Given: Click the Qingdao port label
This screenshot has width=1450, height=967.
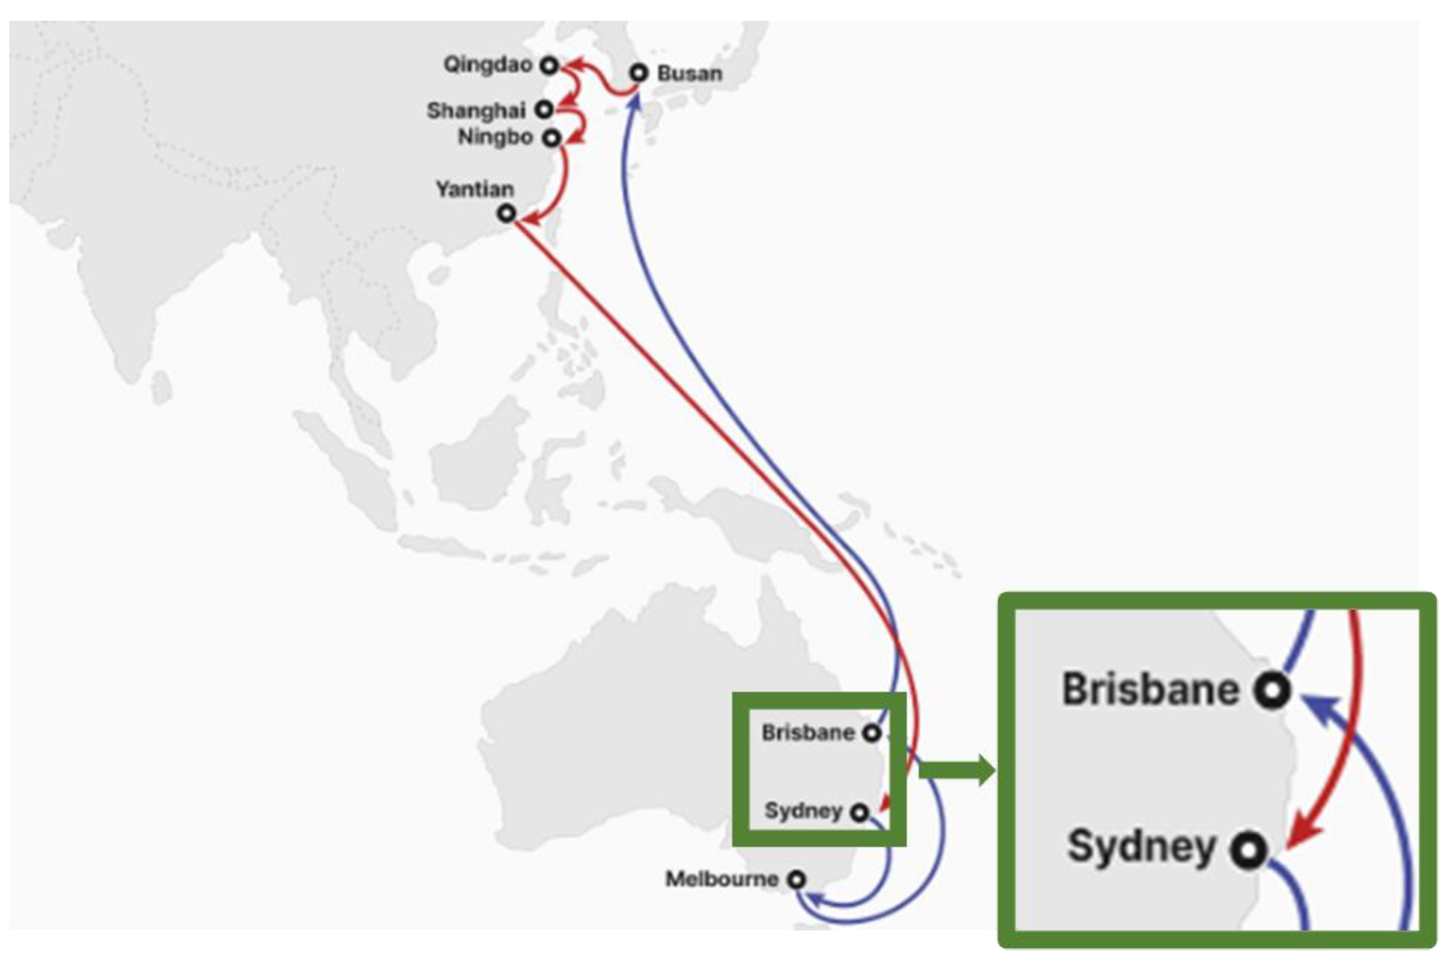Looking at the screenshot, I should (487, 65).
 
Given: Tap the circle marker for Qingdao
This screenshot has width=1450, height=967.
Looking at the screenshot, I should (549, 65).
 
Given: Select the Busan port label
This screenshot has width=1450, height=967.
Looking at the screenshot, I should (689, 73).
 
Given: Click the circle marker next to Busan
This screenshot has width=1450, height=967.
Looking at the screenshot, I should (639, 73).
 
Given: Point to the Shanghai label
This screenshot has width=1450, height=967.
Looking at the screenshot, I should (476, 111).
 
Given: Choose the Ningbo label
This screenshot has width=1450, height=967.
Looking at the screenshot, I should (495, 137).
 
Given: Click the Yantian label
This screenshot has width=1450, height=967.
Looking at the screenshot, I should (475, 189).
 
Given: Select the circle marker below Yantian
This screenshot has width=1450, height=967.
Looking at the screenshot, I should (507, 213).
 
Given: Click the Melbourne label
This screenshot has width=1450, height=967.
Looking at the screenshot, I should (721, 879).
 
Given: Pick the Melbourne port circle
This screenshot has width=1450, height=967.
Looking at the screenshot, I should (797, 879).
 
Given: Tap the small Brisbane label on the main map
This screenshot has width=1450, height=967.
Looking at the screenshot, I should (808, 733).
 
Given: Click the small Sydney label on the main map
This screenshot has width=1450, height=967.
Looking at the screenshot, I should (803, 810).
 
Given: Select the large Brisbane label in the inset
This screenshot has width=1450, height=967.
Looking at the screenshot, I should (1150, 689).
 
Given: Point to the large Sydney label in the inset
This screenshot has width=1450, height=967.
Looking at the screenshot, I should (1142, 847).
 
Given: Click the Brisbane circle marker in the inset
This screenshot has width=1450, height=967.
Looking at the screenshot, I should (1272, 690).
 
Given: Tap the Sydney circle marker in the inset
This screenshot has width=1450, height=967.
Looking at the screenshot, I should (1248, 850).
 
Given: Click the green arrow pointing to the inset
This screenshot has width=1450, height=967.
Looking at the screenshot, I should (956, 771).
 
